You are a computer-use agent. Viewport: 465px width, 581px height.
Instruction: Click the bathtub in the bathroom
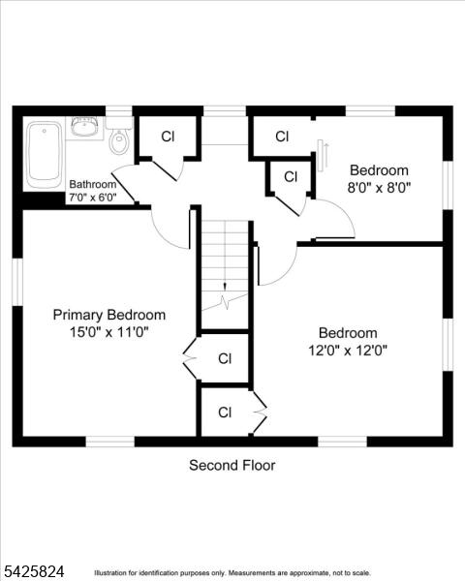[45, 155]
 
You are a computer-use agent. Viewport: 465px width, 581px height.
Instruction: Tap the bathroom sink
[84, 127]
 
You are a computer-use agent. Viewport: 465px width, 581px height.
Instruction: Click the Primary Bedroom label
[109, 315]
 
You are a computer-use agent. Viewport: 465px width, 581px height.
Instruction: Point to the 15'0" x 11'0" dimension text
[109, 332]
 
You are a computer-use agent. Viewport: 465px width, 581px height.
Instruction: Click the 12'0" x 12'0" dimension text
[348, 351]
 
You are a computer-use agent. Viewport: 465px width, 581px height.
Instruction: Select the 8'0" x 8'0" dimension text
[379, 188]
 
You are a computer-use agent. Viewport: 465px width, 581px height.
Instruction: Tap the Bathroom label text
[93, 184]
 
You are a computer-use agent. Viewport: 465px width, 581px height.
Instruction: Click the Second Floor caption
[232, 466]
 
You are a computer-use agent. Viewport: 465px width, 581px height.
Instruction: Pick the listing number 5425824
[33, 571]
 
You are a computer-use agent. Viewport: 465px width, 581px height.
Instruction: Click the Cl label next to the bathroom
[168, 137]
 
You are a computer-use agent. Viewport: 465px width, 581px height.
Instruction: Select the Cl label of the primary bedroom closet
[225, 358]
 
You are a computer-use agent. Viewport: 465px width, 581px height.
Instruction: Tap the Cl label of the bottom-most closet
[225, 413]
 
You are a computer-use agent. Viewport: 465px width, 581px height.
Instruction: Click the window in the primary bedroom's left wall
[17, 282]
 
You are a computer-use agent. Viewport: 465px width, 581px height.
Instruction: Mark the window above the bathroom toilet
[119, 111]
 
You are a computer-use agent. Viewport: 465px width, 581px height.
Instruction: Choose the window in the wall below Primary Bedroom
[110, 442]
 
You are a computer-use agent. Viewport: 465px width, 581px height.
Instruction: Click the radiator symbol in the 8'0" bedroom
[322, 155]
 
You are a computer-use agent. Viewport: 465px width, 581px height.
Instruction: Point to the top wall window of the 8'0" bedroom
[370, 111]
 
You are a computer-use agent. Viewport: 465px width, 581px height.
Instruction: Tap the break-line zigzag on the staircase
[225, 301]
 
